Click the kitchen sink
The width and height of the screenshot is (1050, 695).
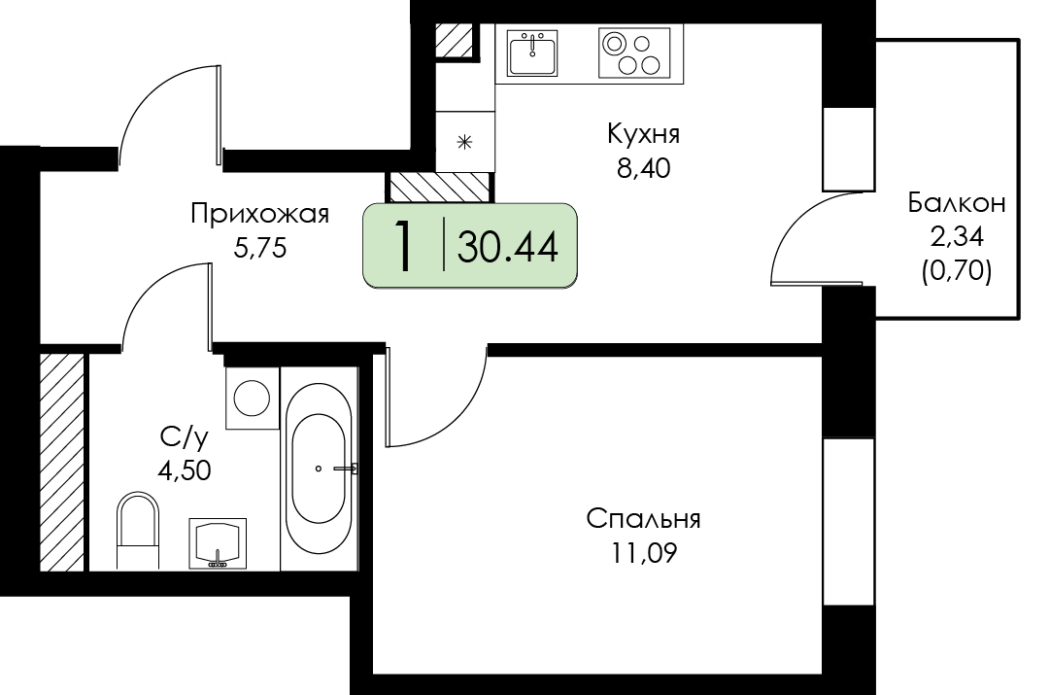tap(532, 52)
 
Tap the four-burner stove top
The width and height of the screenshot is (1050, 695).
tap(634, 52)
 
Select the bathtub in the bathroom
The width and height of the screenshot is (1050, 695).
tap(320, 469)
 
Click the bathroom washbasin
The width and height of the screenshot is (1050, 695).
tap(218, 543)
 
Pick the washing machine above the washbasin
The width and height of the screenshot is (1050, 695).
tap(253, 398)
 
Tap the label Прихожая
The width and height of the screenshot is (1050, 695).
tap(259, 215)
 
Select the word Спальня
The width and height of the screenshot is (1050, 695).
tap(644, 519)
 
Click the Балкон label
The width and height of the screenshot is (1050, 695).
tap(956, 202)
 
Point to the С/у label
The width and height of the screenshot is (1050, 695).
tap(185, 438)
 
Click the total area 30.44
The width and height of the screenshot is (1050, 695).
tap(508, 247)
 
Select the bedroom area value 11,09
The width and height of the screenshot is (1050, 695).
tap(644, 554)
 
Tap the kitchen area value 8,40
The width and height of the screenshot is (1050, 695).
tap(644, 168)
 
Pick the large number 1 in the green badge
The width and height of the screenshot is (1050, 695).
tap(404, 246)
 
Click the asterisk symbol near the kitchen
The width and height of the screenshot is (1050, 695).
tap(464, 142)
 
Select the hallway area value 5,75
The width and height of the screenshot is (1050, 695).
tap(259, 249)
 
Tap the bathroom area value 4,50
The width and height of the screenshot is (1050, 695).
tap(185, 470)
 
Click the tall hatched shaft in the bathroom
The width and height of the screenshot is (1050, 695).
tap(62, 463)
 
